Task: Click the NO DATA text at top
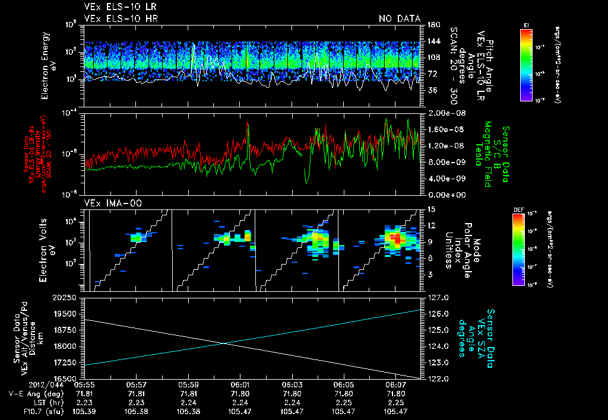(x=400, y=18)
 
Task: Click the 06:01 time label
(x=240, y=384)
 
